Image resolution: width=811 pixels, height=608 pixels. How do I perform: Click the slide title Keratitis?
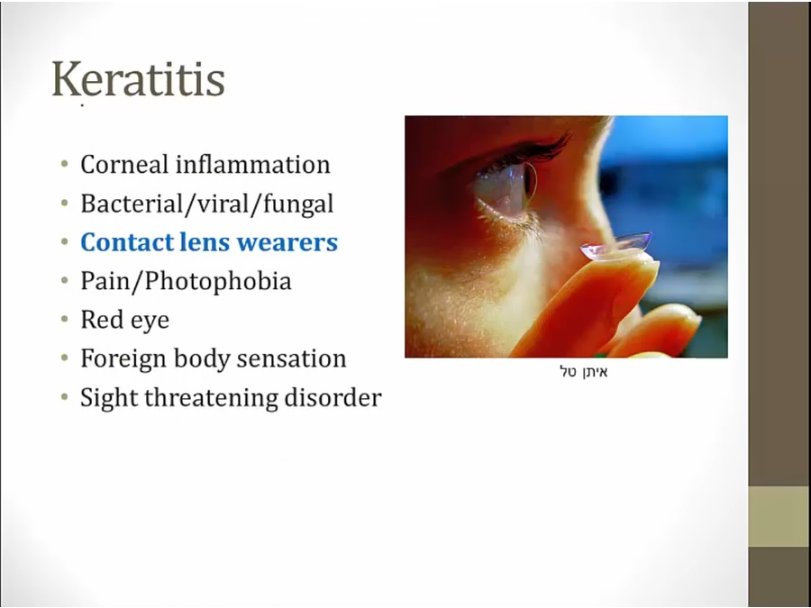tap(138, 79)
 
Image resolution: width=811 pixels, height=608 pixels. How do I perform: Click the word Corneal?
tap(124, 165)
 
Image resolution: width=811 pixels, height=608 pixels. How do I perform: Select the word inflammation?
tap(252, 165)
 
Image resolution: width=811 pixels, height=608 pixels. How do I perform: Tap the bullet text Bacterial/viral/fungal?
tap(207, 204)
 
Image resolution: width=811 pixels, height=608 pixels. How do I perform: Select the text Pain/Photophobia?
tap(186, 281)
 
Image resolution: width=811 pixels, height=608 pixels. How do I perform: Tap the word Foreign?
tap(123, 358)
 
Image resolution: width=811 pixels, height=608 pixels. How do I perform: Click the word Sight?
tap(109, 397)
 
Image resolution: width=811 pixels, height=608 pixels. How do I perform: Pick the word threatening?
tap(211, 397)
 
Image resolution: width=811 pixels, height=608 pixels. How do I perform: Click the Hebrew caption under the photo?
tap(584, 372)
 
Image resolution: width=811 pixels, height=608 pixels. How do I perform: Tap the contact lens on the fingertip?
tap(616, 245)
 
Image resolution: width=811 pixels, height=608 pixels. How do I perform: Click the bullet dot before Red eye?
tap(64, 320)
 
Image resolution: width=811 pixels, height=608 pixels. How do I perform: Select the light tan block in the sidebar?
tap(779, 516)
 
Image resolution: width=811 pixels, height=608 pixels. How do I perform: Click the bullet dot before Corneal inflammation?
tap(64, 165)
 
